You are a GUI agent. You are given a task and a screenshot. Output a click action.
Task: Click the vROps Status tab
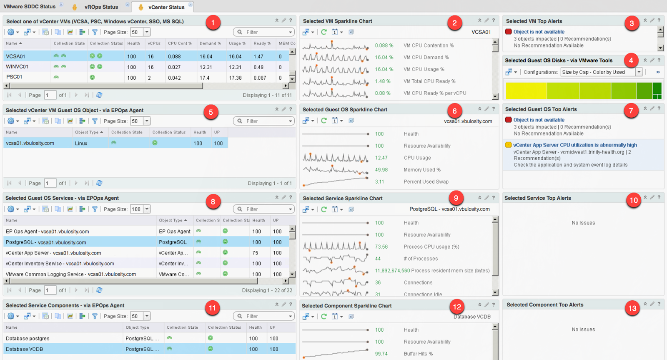[101, 7]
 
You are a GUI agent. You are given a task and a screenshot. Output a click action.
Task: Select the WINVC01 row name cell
[17, 67]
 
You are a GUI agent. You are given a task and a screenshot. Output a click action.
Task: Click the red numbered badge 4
[631, 60]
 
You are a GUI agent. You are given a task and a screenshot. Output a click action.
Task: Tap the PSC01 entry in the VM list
[14, 77]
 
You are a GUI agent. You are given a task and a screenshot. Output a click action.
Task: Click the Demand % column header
[208, 43]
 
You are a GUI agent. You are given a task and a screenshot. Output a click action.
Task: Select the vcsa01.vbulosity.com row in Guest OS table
[30, 143]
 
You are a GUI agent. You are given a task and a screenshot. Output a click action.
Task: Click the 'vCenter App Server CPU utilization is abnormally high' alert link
[575, 145]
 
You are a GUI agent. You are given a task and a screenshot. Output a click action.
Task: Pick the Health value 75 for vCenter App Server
[255, 253]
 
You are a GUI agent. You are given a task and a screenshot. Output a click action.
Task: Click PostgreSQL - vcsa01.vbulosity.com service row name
[46, 242]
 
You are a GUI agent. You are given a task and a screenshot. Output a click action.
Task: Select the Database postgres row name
[28, 339]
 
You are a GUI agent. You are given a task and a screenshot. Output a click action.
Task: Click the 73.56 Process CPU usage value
[381, 247]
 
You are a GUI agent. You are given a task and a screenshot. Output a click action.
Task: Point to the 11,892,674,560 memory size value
[392, 271]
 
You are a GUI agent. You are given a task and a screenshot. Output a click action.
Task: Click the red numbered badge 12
[457, 307]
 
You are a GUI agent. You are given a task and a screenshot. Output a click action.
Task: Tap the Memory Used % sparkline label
[422, 170]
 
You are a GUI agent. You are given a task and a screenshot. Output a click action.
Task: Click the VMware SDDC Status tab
[30, 6]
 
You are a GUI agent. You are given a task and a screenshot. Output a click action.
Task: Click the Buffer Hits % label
[418, 354]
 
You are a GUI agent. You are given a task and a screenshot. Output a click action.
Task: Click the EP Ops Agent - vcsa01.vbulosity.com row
[47, 232]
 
